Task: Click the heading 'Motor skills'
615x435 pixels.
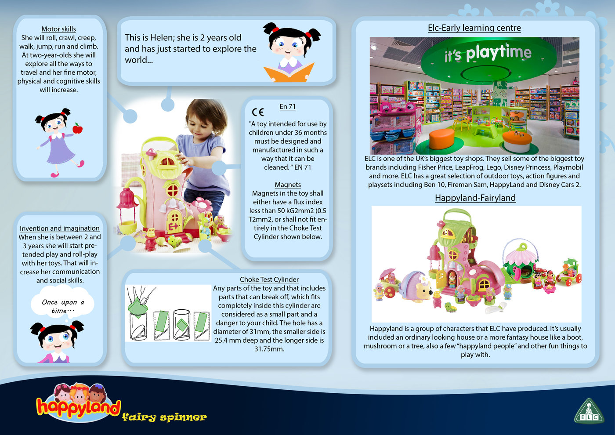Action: [x=58, y=29]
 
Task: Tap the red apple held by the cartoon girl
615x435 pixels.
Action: [x=78, y=128]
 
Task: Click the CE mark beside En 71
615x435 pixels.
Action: [x=258, y=112]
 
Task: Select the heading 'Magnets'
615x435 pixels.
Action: [x=288, y=185]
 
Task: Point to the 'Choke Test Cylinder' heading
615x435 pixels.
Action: [x=269, y=279]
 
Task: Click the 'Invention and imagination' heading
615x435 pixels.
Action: [x=59, y=228]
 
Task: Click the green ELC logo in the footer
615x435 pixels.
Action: [x=589, y=412]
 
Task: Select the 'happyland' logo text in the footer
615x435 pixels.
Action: [x=78, y=407]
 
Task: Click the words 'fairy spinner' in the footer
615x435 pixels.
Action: [x=164, y=417]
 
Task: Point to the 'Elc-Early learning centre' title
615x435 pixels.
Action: [x=474, y=28]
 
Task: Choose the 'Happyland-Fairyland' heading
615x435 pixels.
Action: [x=475, y=198]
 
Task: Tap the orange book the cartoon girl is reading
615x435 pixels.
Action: [x=289, y=73]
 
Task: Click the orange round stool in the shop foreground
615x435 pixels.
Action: [x=441, y=138]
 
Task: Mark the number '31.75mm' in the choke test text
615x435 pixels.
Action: [x=269, y=349]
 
